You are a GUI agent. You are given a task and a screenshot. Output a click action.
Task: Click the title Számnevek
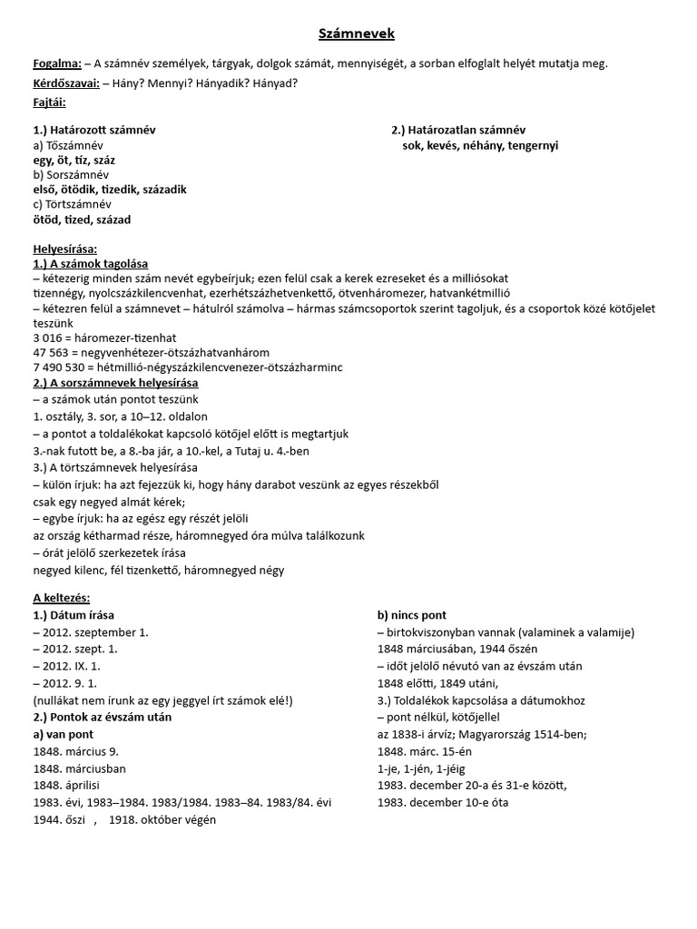357,34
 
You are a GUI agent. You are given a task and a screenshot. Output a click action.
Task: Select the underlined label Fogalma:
57,64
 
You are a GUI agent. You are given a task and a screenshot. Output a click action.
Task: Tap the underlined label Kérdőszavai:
66,83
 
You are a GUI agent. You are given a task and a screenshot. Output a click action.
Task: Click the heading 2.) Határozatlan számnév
458,130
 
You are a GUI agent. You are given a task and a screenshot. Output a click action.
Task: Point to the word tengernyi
534,145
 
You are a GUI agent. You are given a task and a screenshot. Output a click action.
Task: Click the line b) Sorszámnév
71,174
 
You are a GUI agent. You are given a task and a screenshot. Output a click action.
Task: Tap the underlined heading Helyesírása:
64,249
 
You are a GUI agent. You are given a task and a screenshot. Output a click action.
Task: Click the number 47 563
53,352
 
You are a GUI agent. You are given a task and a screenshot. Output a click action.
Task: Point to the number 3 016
49,337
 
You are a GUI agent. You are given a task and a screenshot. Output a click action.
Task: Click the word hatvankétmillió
464,293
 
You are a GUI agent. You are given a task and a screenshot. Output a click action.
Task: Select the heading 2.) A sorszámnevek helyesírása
115,382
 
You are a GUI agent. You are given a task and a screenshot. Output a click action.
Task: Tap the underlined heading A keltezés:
61,598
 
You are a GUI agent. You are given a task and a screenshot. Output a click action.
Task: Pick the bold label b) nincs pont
412,615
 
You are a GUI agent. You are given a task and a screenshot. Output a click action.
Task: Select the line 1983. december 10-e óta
443,803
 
